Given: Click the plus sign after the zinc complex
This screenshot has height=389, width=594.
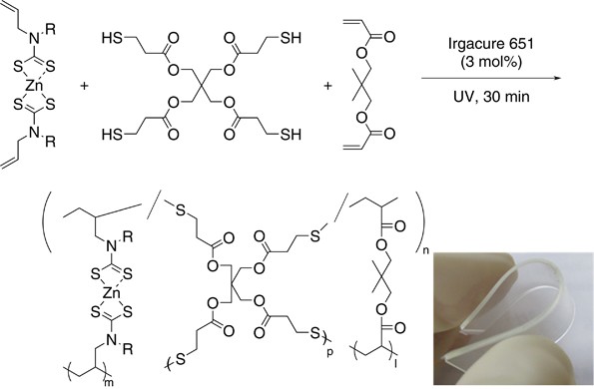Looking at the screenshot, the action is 82,86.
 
